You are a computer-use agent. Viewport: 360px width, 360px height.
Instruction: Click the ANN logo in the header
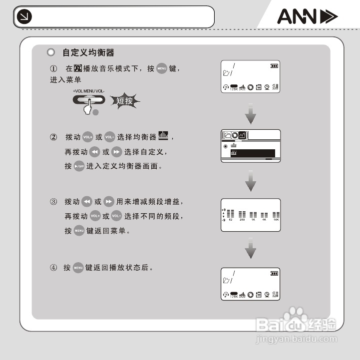pos(307,17)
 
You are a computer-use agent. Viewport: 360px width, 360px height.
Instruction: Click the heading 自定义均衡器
pos(88,52)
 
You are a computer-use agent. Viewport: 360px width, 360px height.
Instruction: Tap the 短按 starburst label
pos(124,101)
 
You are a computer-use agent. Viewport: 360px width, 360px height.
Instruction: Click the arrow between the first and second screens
pos(251,114)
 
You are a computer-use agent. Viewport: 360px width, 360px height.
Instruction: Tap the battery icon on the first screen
pos(274,65)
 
